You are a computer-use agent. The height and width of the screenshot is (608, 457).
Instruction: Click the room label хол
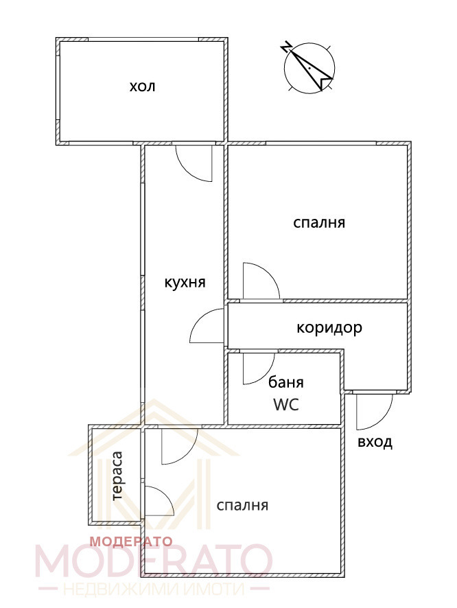(142, 86)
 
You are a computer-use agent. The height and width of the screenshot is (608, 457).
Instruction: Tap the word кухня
(185, 283)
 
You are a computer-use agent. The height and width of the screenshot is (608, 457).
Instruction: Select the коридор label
(329, 328)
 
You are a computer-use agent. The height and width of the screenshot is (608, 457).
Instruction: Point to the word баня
(286, 382)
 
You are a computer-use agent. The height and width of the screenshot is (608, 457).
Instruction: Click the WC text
(286, 405)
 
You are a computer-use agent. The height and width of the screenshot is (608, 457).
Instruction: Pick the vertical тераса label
(117, 476)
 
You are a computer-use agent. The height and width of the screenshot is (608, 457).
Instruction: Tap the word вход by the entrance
(375, 442)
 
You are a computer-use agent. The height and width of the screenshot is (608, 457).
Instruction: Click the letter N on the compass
(286, 48)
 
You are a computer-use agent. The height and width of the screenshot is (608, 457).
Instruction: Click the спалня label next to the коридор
(319, 223)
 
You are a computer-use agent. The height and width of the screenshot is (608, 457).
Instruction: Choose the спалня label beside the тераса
(242, 506)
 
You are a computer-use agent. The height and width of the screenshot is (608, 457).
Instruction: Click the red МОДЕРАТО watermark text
(131, 541)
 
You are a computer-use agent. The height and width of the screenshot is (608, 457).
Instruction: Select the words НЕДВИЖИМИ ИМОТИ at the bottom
(154, 589)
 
